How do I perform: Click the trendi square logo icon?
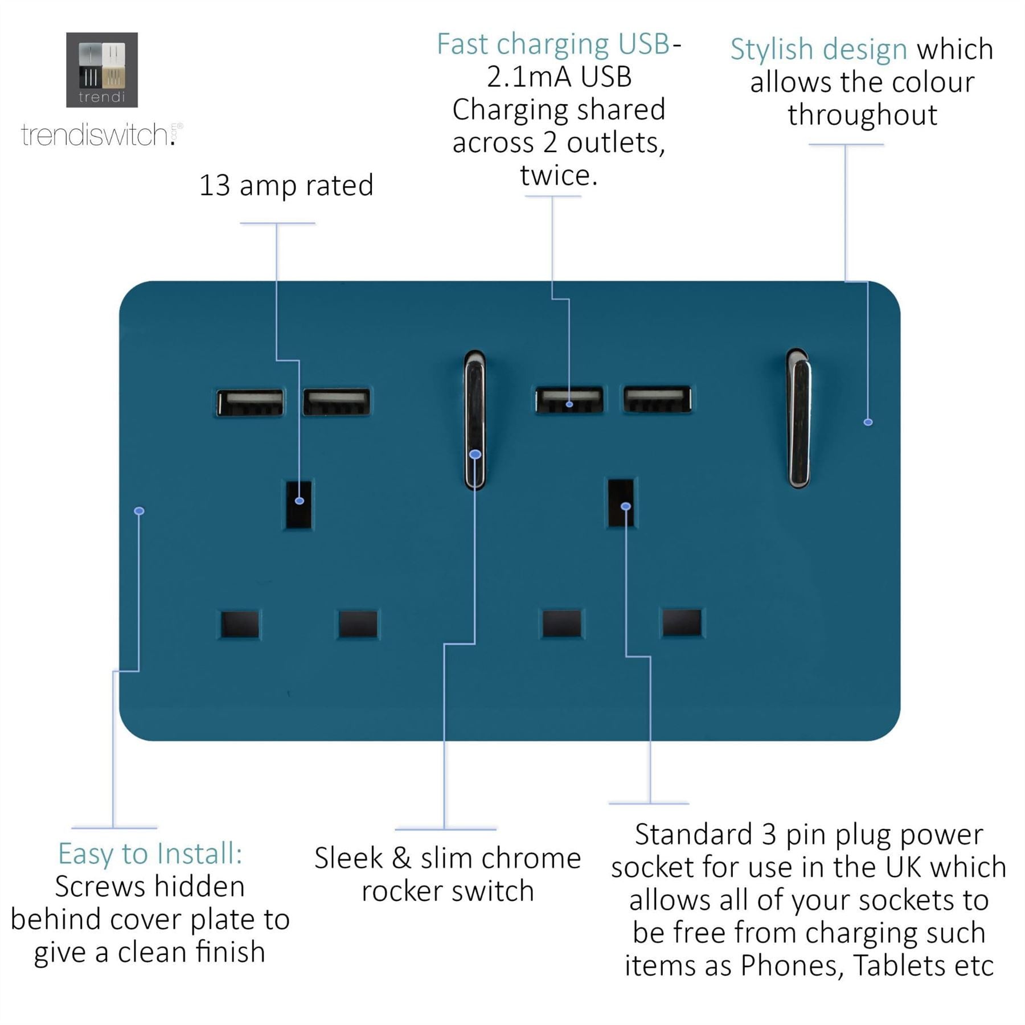pyautogui.click(x=102, y=69)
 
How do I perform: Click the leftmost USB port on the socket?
pyautogui.click(x=250, y=403)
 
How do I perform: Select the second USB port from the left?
pyautogui.click(x=337, y=401)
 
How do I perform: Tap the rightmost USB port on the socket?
pyautogui.click(x=657, y=399)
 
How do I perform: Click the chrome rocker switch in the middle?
pyautogui.click(x=474, y=420)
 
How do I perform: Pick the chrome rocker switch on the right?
pyautogui.click(x=798, y=418)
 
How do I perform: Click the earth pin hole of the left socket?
pyautogui.click(x=298, y=506)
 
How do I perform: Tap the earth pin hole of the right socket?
pyautogui.click(x=621, y=503)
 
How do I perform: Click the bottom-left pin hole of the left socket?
pyautogui.click(x=240, y=624)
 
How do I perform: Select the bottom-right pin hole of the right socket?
pyautogui.click(x=682, y=622)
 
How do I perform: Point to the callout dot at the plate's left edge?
pyautogui.click(x=139, y=511)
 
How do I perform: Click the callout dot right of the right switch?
pyautogui.click(x=868, y=422)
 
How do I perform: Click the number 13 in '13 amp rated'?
pyautogui.click(x=215, y=186)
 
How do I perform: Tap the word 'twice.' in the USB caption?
pyautogui.click(x=559, y=175)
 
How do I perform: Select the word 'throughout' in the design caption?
pyautogui.click(x=863, y=115)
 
